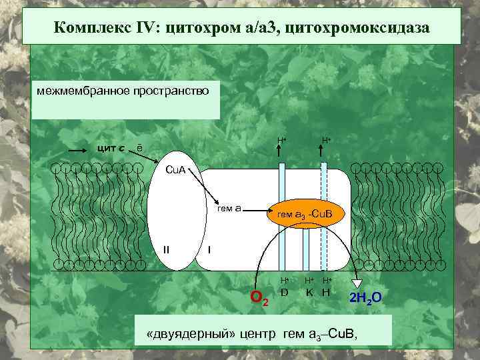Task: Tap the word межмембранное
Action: tap(80, 90)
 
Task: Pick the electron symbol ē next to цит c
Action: tap(139, 147)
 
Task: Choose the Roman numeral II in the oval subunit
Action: tap(167, 249)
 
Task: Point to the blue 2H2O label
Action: tap(366, 297)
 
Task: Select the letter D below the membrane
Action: tap(284, 291)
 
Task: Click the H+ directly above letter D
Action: tap(284, 280)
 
